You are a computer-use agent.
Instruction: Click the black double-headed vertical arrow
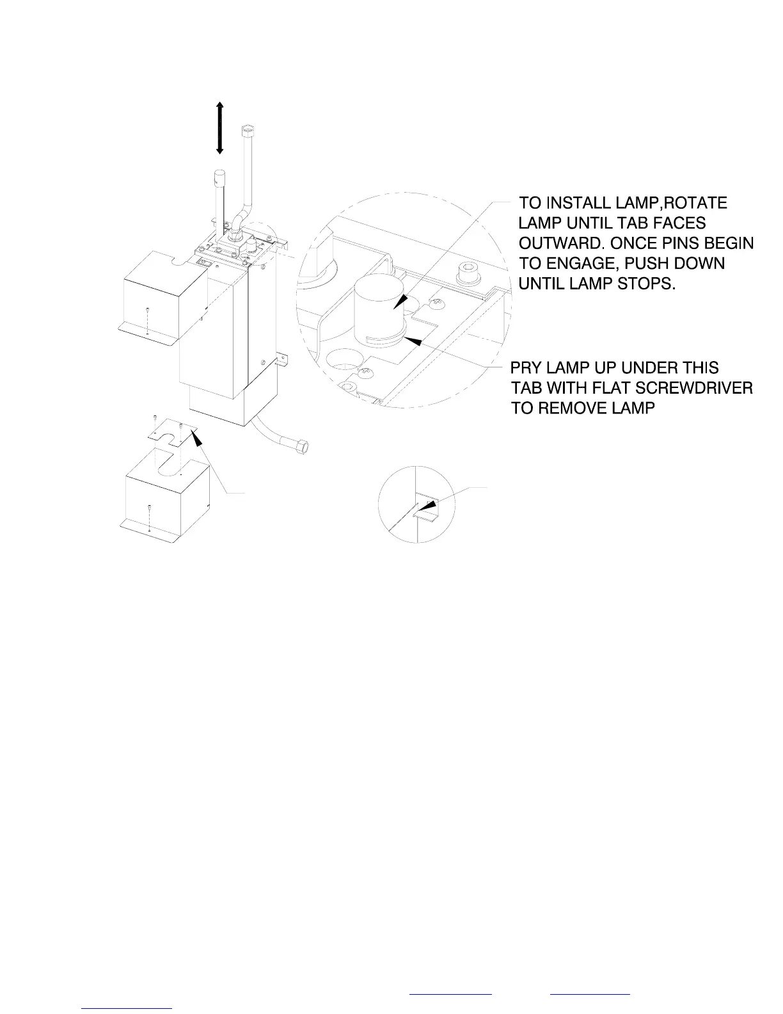pos(219,128)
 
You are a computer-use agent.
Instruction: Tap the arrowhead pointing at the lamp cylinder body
pos(402,303)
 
